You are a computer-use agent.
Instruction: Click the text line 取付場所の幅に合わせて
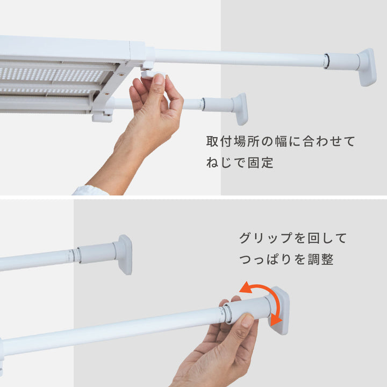[281, 142]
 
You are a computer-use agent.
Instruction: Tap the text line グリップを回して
[293, 238]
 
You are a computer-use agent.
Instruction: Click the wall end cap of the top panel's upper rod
[367, 67]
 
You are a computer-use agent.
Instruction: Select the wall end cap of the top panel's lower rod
[240, 109]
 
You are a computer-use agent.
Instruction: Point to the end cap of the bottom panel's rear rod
[124, 254]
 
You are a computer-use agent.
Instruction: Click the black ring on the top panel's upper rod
[326, 61]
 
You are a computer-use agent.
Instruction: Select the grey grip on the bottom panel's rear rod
[97, 253]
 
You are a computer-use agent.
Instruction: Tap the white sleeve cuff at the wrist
[90, 190]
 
